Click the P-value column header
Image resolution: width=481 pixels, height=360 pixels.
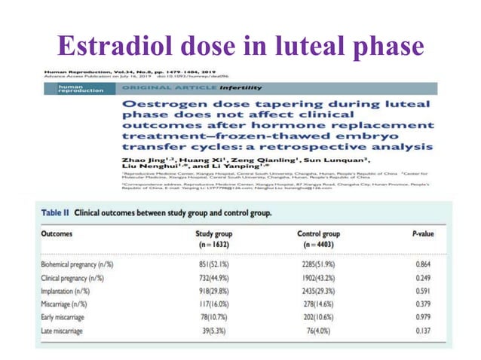coord(425,233)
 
